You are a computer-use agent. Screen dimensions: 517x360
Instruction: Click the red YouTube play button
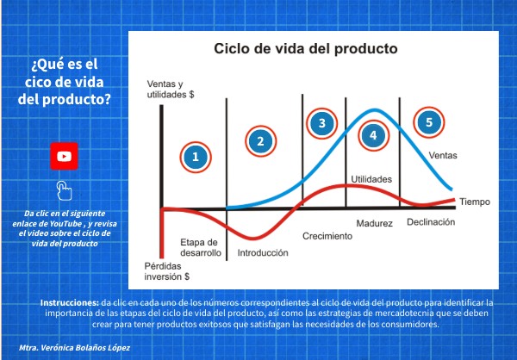[64, 156]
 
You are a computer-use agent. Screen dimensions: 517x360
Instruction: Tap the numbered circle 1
[196, 158]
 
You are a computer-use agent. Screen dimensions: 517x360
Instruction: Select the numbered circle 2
[260, 141]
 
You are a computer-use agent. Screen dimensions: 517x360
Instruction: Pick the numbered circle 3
[321, 123]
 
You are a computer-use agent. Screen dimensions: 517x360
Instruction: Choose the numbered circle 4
[373, 135]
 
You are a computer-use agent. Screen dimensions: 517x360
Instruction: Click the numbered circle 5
[428, 122]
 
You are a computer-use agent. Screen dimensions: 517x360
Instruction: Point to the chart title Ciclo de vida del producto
[306, 49]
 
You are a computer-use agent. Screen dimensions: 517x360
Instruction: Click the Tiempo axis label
[475, 202]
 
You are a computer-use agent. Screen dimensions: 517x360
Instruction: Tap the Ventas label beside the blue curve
[443, 155]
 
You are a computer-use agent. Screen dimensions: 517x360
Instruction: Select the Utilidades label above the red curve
[371, 179]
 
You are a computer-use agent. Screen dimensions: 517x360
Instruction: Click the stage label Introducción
[263, 253]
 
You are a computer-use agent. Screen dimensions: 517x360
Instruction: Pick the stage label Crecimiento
[327, 236]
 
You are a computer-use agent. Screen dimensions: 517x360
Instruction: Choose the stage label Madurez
[374, 224]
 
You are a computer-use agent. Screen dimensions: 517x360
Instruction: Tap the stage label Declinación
[431, 222]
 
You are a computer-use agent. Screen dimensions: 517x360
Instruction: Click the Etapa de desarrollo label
[201, 247]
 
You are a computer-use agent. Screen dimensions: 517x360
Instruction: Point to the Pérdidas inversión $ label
[167, 271]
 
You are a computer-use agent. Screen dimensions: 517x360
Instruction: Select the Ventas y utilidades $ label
[171, 90]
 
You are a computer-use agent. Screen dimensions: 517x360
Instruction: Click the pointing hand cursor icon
[64, 190]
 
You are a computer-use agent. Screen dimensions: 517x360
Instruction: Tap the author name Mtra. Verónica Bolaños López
[74, 347]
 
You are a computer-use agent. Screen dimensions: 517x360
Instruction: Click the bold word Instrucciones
[70, 302]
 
